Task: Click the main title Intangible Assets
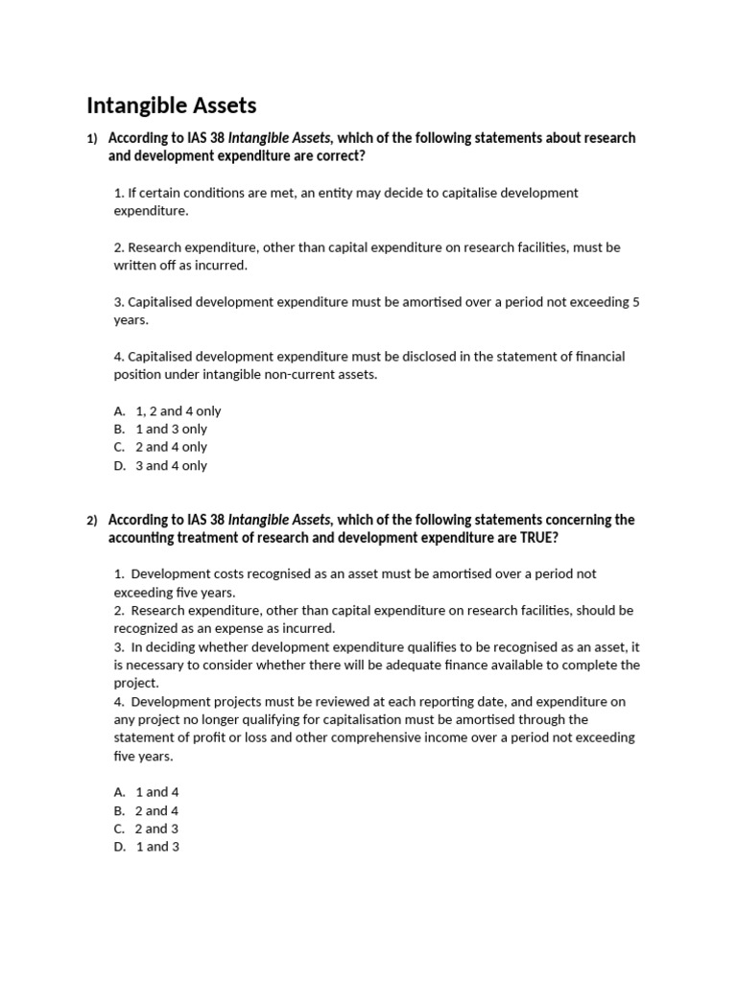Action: [172, 105]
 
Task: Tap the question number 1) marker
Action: [92, 139]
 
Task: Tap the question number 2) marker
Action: [92, 521]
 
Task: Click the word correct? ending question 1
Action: [336, 156]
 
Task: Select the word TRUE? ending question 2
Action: [537, 538]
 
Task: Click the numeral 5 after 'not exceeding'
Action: [635, 302]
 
